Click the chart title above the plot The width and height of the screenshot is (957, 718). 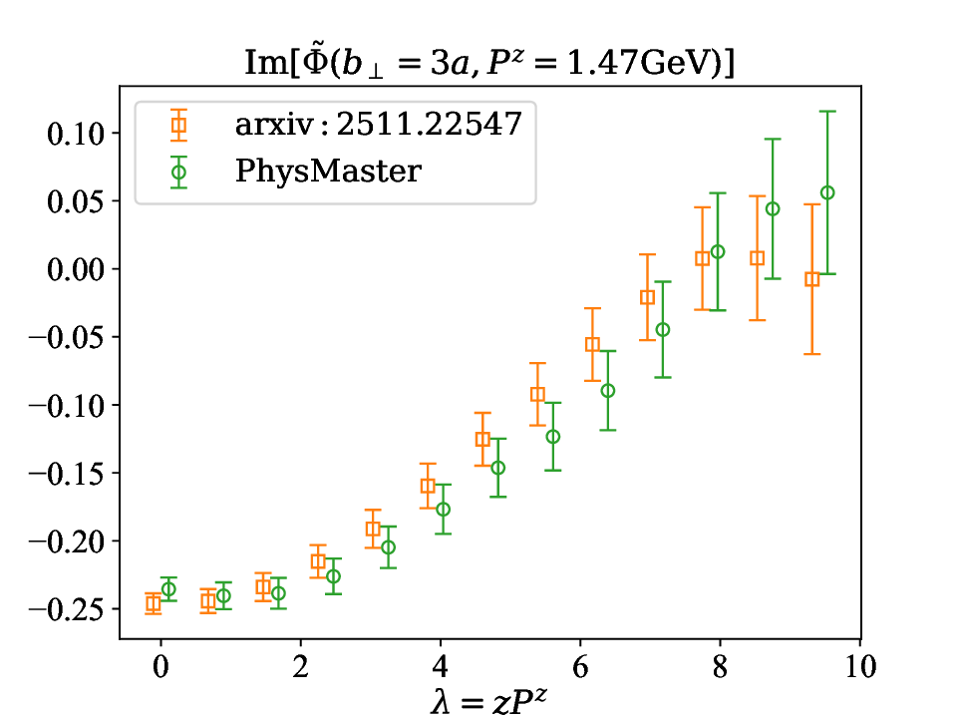point(489,62)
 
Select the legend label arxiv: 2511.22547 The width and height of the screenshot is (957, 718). point(379,126)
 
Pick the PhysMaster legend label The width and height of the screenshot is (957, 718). point(329,171)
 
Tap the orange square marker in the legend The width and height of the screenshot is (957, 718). point(178,126)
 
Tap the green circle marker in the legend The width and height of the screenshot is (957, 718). point(178,172)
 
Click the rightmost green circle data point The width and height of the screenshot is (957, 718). point(826,192)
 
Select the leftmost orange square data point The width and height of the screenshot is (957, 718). point(154,603)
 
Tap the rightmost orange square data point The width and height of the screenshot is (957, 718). point(811,279)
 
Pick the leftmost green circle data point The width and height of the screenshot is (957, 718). point(168,589)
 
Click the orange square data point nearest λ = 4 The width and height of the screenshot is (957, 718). point(428,487)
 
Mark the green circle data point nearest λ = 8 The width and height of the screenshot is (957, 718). point(717,251)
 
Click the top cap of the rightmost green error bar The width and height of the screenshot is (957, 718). point(826,111)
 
